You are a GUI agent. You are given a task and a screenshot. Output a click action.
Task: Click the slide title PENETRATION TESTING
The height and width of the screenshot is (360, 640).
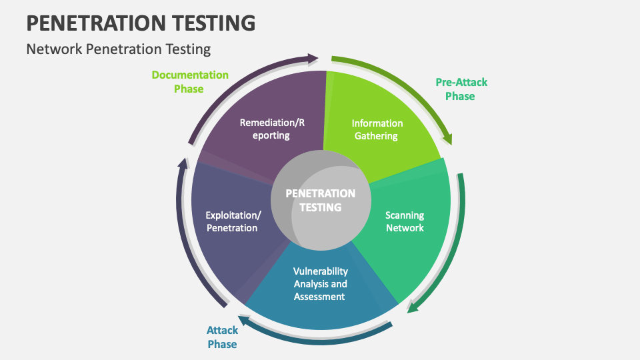[x=140, y=22]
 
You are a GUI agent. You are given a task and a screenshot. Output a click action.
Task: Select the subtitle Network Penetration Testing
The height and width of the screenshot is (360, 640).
[x=118, y=49]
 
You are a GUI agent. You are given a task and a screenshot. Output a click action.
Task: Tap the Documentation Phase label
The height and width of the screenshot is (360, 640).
[x=189, y=81]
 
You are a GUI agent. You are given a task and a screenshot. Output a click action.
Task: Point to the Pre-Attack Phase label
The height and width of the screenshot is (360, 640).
[x=461, y=89]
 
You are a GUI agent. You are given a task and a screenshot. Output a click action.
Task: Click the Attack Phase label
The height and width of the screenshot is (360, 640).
[x=222, y=337]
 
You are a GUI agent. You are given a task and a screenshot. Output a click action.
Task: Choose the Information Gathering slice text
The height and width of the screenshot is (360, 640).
[x=377, y=129]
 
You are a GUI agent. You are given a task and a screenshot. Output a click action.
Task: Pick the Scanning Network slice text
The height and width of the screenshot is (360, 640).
[x=405, y=221]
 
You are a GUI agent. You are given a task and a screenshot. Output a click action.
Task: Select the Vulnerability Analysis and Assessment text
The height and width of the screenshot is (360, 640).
[x=321, y=283]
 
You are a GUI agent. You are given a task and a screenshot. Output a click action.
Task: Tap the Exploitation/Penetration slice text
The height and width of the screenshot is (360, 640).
[x=233, y=221]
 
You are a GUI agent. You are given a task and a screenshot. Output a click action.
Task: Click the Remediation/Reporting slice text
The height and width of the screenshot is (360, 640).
[x=272, y=129]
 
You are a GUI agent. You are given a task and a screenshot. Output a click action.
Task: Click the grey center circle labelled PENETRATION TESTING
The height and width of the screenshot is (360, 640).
[x=321, y=199]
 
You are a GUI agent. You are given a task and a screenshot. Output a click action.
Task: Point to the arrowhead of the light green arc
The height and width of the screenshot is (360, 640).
[x=447, y=139]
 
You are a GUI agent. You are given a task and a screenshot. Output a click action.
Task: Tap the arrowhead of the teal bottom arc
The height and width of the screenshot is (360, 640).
[x=245, y=321]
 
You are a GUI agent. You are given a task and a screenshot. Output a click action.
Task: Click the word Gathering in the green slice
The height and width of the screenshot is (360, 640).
[x=377, y=136]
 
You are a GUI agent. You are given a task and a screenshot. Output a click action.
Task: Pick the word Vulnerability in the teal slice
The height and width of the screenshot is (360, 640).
[x=321, y=271]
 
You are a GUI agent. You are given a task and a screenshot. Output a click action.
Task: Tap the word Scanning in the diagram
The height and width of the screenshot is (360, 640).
[x=405, y=215]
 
